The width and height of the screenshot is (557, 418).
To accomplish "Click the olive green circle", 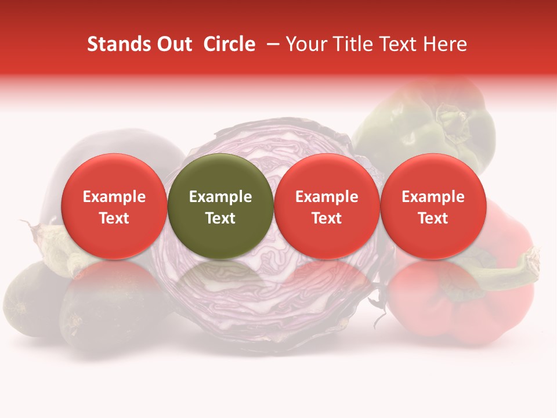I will coord(220,206).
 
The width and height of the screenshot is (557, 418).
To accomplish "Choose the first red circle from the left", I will coord(114,206).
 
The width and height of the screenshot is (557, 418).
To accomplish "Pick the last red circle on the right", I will coord(433,206).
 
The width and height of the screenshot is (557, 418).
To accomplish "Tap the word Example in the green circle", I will coord(220,197).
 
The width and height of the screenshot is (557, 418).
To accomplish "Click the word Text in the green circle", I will coord(220,218).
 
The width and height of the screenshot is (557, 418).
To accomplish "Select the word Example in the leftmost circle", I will coord(114,197).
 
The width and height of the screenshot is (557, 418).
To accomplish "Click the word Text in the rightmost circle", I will coord(433,218).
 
